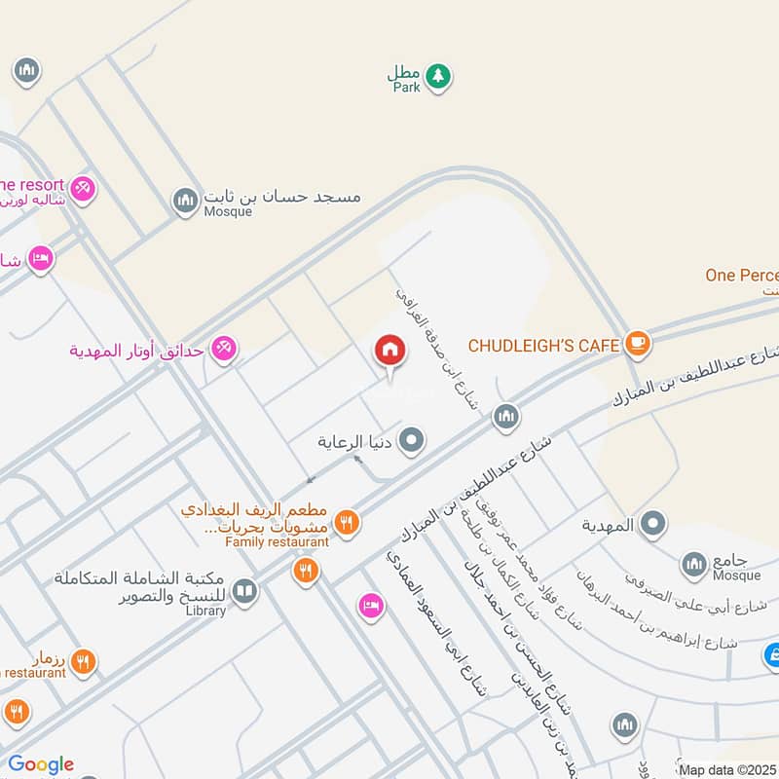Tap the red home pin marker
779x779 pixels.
point(389,351)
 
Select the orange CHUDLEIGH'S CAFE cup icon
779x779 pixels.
point(638,343)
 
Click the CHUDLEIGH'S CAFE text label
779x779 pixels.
point(543,345)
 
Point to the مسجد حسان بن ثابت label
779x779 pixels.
point(282,196)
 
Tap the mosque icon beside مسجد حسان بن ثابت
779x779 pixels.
point(185,202)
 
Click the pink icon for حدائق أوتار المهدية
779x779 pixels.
point(224,348)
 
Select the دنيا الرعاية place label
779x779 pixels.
point(355,441)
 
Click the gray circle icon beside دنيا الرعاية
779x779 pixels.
point(413,441)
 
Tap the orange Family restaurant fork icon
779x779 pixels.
point(347,524)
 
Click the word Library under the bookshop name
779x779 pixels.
point(204,611)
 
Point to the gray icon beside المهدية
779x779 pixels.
point(653,525)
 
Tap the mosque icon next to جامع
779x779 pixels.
point(693,563)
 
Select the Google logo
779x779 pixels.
point(41,764)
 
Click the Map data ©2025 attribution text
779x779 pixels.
point(727,770)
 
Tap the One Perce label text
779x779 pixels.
point(742,276)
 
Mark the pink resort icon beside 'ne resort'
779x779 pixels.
point(83,187)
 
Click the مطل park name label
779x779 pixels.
point(402,72)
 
